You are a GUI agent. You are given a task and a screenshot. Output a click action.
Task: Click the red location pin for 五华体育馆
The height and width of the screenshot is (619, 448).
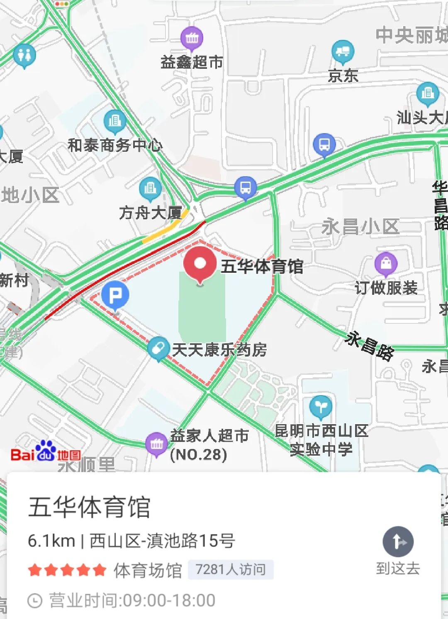[200, 264]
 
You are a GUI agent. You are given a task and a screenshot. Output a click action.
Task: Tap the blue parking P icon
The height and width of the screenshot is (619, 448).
[115, 295]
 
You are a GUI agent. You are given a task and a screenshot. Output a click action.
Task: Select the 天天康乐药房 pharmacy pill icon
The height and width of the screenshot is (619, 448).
[158, 348]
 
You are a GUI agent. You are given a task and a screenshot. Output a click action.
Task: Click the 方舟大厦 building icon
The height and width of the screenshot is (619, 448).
[150, 189]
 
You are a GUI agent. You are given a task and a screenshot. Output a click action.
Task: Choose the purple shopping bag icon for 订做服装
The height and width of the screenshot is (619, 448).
[386, 263]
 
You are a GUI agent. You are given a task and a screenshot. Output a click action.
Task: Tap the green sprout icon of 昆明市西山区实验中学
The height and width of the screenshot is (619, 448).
[320, 407]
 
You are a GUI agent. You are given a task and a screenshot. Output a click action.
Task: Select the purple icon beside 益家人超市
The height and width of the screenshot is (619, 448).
[156, 444]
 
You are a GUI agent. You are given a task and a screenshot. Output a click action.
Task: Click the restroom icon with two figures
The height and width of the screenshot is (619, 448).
[24, 55]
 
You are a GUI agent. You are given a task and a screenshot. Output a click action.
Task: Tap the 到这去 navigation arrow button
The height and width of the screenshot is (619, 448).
[398, 542]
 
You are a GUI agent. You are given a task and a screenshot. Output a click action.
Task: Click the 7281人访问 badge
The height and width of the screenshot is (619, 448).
[231, 570]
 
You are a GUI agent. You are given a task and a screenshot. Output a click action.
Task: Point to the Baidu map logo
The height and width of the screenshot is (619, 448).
[46, 453]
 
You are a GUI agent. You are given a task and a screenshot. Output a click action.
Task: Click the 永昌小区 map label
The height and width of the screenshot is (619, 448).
[360, 227]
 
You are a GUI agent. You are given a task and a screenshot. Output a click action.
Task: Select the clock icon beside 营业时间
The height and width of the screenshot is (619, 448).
[35, 600]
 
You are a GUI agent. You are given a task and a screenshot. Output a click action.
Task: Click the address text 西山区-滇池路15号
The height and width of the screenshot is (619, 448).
[162, 541]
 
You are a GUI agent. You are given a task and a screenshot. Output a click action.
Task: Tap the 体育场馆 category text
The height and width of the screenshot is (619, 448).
[148, 570]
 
